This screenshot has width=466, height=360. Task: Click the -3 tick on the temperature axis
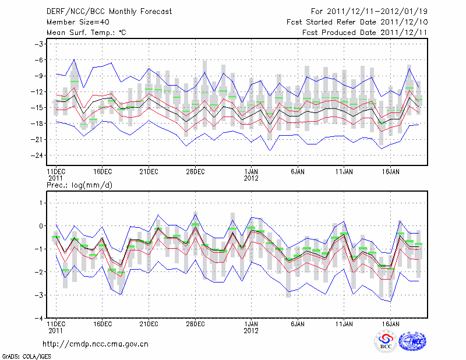coord(40,44)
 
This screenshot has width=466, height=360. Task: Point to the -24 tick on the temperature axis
coord(38,156)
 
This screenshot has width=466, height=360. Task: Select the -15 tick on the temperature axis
coord(38,108)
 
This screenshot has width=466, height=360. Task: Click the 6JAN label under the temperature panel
coord(297,172)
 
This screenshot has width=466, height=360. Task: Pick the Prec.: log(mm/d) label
coord(79,185)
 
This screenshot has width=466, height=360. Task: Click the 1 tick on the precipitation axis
coord(42,203)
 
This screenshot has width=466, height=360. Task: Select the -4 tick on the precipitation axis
coord(40,319)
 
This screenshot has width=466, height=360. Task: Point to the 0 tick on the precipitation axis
coord(42,226)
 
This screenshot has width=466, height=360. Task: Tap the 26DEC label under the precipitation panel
coord(195,323)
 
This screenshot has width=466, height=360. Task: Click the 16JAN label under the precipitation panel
coord(390,323)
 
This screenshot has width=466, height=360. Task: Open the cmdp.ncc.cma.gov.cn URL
coord(96,344)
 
